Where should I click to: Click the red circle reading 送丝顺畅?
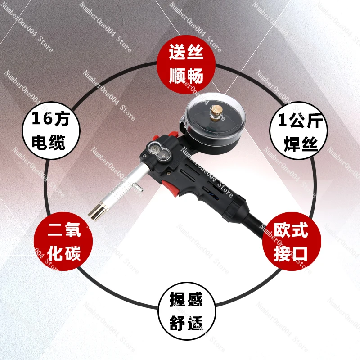coord(186,64)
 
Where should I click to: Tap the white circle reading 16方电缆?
coord(51,131)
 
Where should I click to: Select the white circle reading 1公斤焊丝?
coord(298,131)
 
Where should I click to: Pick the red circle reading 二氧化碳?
coord(63,241)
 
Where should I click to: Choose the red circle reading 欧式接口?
coord(292,241)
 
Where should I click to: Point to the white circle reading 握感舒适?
coord(187,311)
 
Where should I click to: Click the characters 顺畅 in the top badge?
coord(186,75)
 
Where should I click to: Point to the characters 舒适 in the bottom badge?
coord(186,323)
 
